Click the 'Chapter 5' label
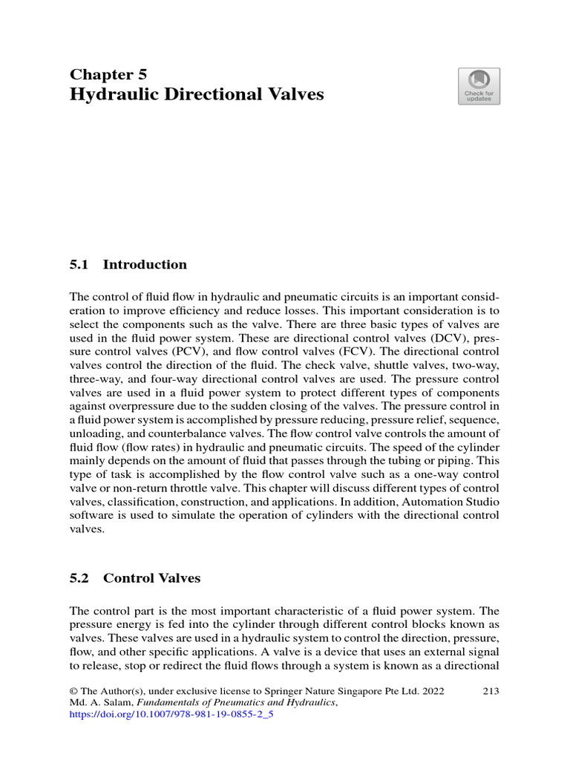108,74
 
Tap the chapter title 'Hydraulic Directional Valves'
197,95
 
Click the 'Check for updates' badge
479,86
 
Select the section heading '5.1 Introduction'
128,264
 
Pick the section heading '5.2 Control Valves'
135,577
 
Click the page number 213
490,691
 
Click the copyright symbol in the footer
73,691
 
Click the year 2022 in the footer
433,691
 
